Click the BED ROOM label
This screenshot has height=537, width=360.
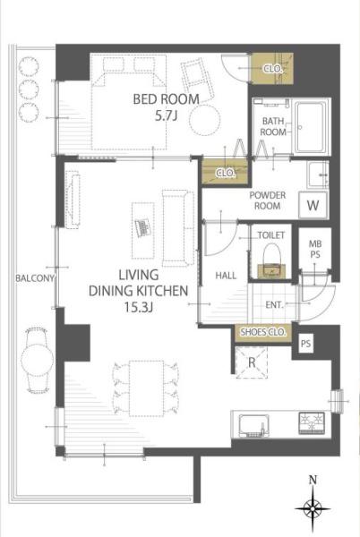[167, 99]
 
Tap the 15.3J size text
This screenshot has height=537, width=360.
[138, 307]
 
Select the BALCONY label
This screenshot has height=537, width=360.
[35, 278]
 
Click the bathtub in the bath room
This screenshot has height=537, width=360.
[310, 127]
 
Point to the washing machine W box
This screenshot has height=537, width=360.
[313, 205]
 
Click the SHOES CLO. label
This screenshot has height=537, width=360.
[262, 332]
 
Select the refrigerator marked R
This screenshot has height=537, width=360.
[252, 362]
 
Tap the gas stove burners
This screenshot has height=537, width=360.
[312, 423]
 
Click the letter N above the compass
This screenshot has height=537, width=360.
[313, 480]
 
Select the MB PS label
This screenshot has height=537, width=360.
[315, 250]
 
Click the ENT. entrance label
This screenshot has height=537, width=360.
[274, 304]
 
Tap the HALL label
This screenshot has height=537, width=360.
[226, 276]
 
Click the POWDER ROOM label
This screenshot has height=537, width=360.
[268, 200]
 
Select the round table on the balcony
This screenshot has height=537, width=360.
[37, 359]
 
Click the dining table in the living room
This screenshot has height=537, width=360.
[146, 388]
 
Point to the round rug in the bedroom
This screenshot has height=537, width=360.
[205, 120]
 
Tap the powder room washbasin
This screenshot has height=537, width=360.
[318, 175]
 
